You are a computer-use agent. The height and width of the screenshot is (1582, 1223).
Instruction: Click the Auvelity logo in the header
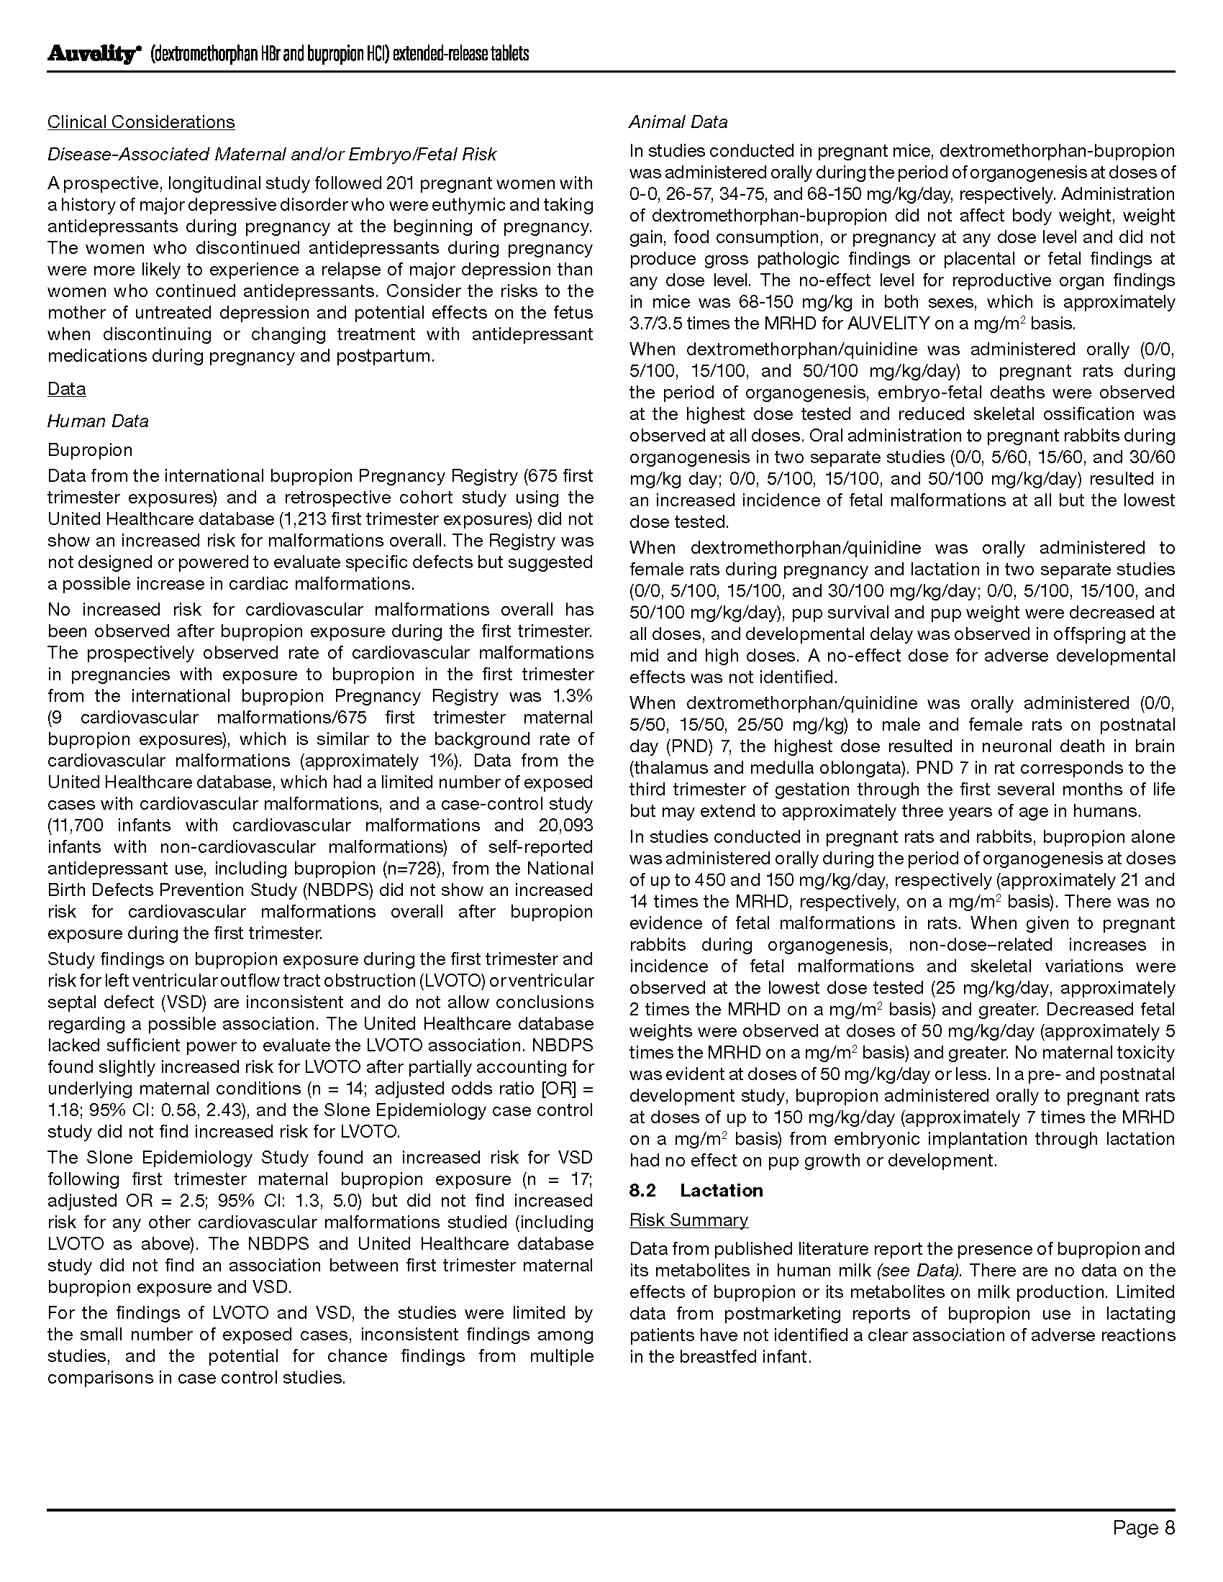pos(92,55)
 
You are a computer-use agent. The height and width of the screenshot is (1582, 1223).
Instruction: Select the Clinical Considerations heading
pos(141,122)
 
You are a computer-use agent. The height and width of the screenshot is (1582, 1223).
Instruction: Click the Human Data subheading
pos(98,421)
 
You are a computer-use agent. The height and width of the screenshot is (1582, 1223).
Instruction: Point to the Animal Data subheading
pos(678,122)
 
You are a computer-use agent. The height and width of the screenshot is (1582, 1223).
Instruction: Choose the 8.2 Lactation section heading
pos(696,1190)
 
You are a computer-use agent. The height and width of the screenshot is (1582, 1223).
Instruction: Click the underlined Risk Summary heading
pos(688,1220)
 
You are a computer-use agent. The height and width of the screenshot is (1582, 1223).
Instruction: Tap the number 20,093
pos(566,825)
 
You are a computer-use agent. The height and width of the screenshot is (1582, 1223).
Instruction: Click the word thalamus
pos(670,768)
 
